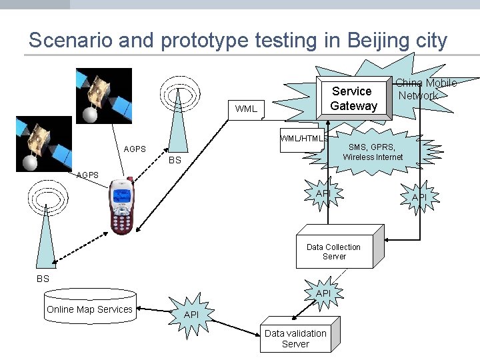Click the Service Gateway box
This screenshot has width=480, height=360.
tap(353, 99)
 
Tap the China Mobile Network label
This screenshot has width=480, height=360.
tap(426, 89)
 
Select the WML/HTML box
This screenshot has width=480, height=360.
tap(302, 139)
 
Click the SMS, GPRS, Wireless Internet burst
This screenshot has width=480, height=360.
tap(373, 152)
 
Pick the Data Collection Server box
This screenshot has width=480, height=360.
tap(334, 251)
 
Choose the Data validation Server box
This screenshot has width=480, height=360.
tap(295, 338)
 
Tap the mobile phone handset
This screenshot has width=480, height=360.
tap(121, 205)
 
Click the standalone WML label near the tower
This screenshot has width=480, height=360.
tap(246, 109)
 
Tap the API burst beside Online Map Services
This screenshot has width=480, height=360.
tap(191, 314)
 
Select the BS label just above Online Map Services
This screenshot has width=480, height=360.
tap(43, 279)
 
